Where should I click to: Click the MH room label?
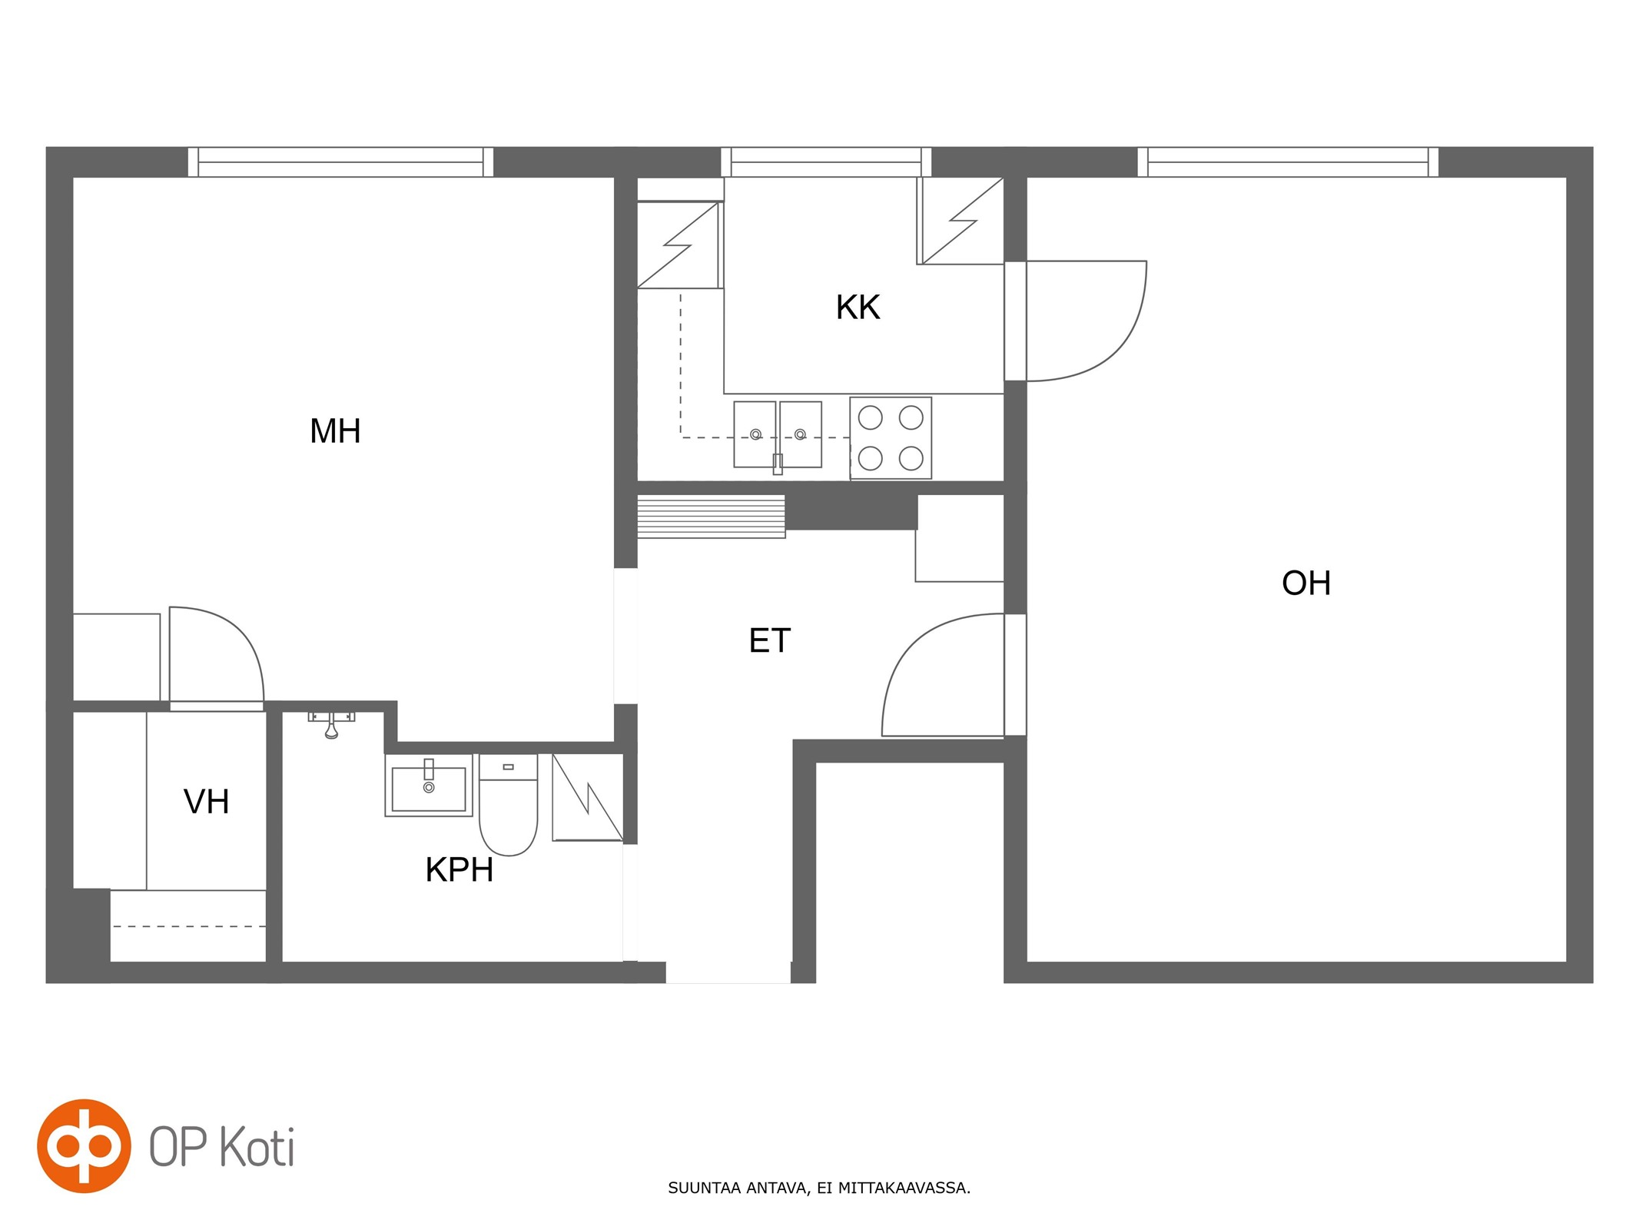pyautogui.click(x=335, y=431)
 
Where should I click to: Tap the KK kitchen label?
pyautogui.click(x=858, y=307)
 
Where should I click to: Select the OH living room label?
pyautogui.click(x=1306, y=583)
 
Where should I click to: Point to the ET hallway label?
pyautogui.click(x=769, y=641)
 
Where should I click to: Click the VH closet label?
pyautogui.click(x=207, y=802)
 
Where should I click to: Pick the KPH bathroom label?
pyautogui.click(x=460, y=870)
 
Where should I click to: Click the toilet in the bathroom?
pyautogui.click(x=508, y=804)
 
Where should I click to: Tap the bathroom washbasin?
pyautogui.click(x=429, y=786)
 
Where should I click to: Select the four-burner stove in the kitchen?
pyautogui.click(x=891, y=438)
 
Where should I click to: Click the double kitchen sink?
pyautogui.click(x=778, y=435)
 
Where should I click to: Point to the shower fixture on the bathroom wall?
pyautogui.click(x=331, y=724)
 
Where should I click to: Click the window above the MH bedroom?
pyautogui.click(x=340, y=162)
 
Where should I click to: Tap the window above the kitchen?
pyautogui.click(x=826, y=162)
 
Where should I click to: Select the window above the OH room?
pyautogui.click(x=1288, y=162)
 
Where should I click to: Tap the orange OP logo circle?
pyautogui.click(x=84, y=1145)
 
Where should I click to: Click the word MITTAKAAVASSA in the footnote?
pyautogui.click(x=904, y=1188)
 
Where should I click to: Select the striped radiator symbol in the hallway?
pyautogui.click(x=712, y=517)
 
